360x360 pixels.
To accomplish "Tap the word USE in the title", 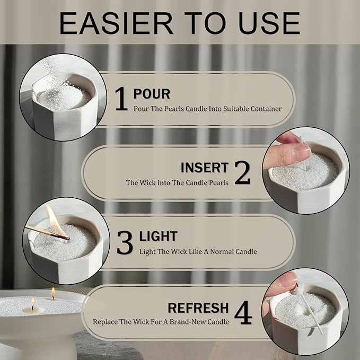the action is click(x=269, y=23).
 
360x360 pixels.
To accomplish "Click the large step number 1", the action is click(x=121, y=99).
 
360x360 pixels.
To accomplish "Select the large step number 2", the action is click(x=242, y=173).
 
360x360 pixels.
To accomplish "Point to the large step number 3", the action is click(x=125, y=242).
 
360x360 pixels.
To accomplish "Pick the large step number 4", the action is click(x=243, y=312).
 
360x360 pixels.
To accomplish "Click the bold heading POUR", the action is click(x=152, y=94).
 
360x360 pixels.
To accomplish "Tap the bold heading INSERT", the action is click(x=204, y=168).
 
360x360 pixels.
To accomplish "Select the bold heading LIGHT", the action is click(x=158, y=236).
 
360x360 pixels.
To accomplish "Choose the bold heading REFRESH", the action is click(x=198, y=308).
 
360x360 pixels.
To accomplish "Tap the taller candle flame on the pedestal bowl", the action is click(x=53, y=293).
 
